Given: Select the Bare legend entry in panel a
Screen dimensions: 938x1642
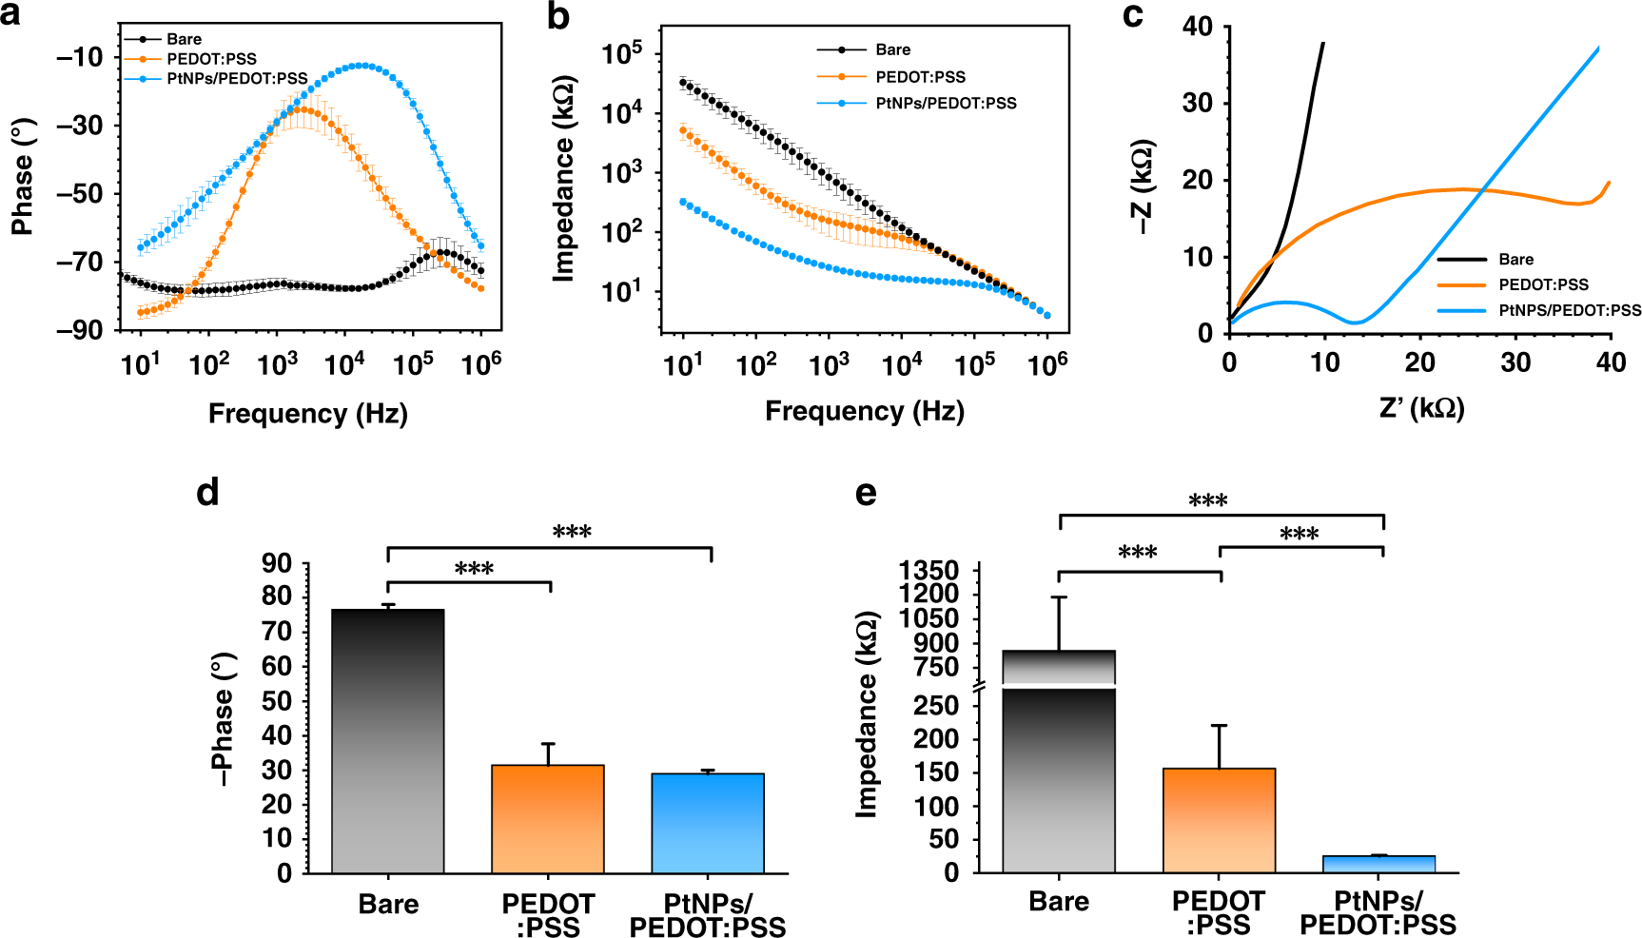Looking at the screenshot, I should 184,39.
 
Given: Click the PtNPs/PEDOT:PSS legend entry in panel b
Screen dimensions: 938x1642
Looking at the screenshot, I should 945,103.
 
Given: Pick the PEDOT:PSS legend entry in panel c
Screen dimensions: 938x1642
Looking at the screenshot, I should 1543,284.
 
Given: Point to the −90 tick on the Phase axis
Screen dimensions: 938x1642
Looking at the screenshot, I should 80,330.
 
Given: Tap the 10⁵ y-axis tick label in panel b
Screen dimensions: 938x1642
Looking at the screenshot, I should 622,53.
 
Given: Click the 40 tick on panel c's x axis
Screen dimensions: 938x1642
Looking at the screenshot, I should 1611,362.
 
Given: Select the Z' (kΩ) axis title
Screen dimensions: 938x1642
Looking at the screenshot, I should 1421,409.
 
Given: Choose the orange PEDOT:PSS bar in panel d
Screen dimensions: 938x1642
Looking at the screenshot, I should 548,818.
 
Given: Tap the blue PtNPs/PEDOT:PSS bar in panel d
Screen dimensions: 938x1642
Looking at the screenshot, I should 708,823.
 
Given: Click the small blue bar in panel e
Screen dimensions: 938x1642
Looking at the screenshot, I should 1378,864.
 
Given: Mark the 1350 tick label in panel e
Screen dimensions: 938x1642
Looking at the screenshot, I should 929,571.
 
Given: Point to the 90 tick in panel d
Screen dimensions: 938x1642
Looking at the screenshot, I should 277,563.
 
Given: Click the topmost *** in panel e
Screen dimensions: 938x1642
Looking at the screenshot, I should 1207,500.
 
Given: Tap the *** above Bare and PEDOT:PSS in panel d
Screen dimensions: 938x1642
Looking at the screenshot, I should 474,569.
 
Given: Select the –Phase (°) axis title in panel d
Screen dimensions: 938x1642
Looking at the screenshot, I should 223,719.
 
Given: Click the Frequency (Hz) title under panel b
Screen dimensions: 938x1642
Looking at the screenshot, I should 864,411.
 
